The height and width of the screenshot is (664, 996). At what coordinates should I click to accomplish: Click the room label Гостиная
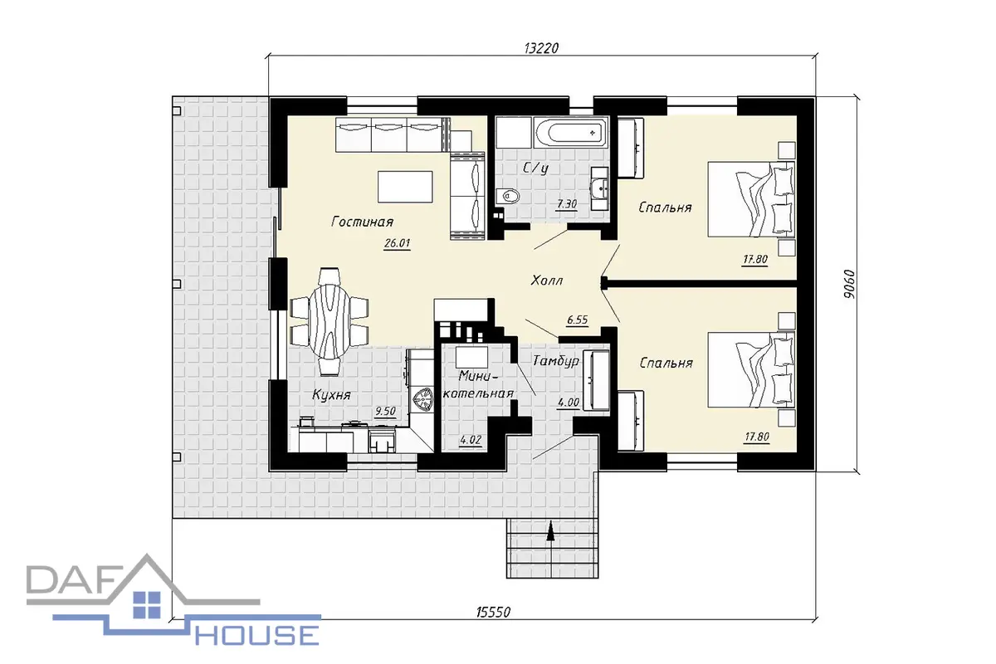363,221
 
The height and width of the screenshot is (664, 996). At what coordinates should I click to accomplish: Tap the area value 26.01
397,243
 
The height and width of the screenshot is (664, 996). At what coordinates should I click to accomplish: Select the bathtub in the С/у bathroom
571,132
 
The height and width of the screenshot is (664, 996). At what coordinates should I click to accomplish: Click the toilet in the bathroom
507,196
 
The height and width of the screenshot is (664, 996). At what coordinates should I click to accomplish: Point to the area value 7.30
567,204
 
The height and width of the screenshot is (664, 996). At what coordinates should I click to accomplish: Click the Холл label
547,281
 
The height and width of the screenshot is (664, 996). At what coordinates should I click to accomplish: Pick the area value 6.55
578,320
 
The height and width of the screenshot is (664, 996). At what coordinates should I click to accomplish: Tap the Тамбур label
556,360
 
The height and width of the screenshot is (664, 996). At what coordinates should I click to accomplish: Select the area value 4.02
471,440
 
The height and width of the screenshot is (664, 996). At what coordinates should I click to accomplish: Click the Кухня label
332,394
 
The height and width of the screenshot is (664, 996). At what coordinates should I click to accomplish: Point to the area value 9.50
385,412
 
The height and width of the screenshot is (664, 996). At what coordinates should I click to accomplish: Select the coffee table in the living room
405,187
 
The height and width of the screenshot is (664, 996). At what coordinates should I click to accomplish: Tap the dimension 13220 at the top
541,48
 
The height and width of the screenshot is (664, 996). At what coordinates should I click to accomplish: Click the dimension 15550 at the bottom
493,613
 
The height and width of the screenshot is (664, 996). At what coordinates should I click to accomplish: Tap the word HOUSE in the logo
257,635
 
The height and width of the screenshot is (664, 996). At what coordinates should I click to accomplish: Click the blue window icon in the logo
147,604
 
